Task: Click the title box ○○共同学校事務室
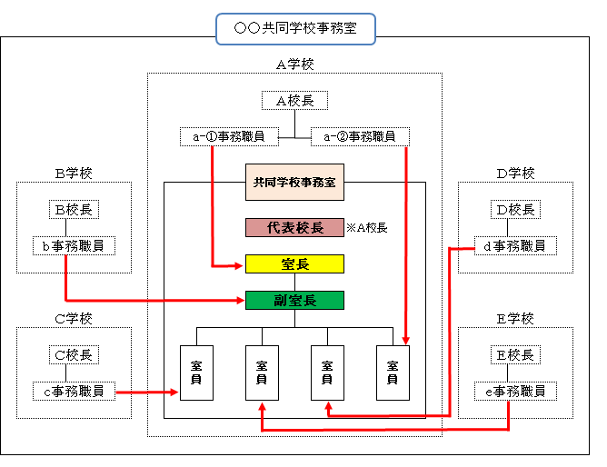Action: [295, 28]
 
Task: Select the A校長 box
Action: [294, 101]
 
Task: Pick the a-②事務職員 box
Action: [360, 136]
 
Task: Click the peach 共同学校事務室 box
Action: [294, 182]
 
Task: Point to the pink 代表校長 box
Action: [294, 227]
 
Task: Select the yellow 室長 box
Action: [294, 263]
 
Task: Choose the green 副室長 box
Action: [294, 300]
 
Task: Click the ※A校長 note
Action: [367, 227]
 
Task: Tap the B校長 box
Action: [74, 210]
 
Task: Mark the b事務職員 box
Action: [74, 245]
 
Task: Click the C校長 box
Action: [74, 355]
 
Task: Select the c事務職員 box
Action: [74, 392]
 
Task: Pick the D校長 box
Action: [515, 210]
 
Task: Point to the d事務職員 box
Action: [515, 245]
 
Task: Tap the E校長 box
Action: [515, 355]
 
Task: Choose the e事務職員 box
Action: [515, 392]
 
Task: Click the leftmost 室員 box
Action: [196, 373]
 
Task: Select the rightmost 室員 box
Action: [393, 373]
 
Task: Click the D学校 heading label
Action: [515, 173]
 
